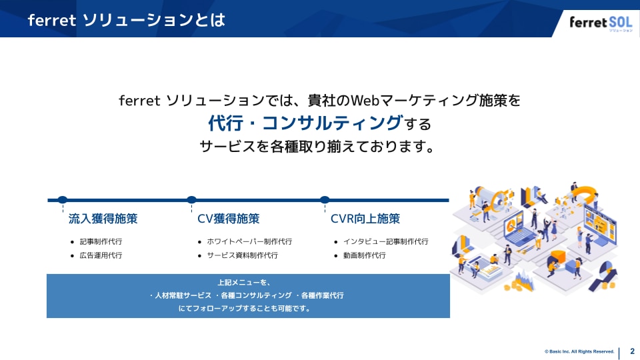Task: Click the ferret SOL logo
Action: point(600,23)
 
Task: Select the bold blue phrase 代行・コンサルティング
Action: point(305,123)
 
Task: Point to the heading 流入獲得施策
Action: point(103,219)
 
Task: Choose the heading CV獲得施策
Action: point(229,219)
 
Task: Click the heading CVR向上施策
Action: point(365,219)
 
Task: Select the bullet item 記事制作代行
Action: point(101,241)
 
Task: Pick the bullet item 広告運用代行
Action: point(101,255)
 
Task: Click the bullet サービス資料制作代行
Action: point(242,255)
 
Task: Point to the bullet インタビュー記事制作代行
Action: point(385,241)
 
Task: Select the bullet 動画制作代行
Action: point(364,255)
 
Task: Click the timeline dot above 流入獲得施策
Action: point(63,199)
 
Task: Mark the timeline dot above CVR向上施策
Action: point(325,199)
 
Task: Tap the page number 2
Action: point(632,351)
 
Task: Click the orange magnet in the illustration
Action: point(586,194)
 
